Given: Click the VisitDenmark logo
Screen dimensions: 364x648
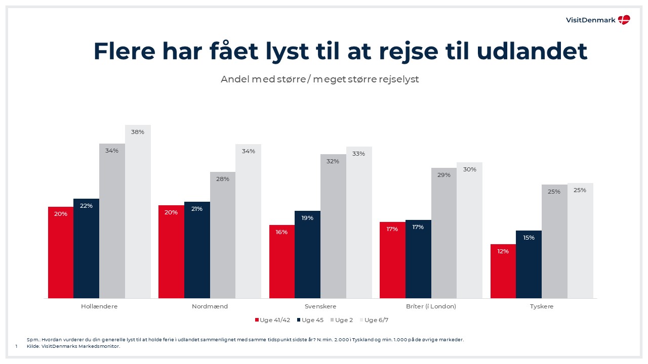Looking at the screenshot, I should tap(598, 20).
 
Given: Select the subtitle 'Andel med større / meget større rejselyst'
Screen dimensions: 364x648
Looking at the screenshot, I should tap(319, 79).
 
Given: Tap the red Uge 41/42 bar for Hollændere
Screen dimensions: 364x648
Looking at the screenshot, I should tap(61, 252).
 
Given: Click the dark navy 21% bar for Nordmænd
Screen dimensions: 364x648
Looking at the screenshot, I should tap(197, 250).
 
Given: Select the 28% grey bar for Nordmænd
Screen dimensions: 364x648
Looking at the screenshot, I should tap(223, 235).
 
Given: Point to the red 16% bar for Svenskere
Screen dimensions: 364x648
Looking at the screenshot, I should tap(282, 261).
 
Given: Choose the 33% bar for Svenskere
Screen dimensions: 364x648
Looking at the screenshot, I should tap(359, 222).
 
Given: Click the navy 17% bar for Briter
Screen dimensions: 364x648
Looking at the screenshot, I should tap(418, 259).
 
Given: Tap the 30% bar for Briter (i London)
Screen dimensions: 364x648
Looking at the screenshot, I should tap(469, 230).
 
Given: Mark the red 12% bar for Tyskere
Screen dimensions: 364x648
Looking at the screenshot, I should tap(503, 271).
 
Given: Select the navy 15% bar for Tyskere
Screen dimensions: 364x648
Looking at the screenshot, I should tap(529, 264).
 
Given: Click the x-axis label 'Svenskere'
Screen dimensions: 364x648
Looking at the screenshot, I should tap(320, 306).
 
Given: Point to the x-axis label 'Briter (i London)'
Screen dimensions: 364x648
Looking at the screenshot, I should tap(431, 306).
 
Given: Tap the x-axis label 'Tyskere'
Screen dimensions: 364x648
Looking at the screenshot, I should tap(542, 306).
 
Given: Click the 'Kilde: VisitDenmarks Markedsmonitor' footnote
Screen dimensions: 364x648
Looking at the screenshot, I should tap(73, 346).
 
